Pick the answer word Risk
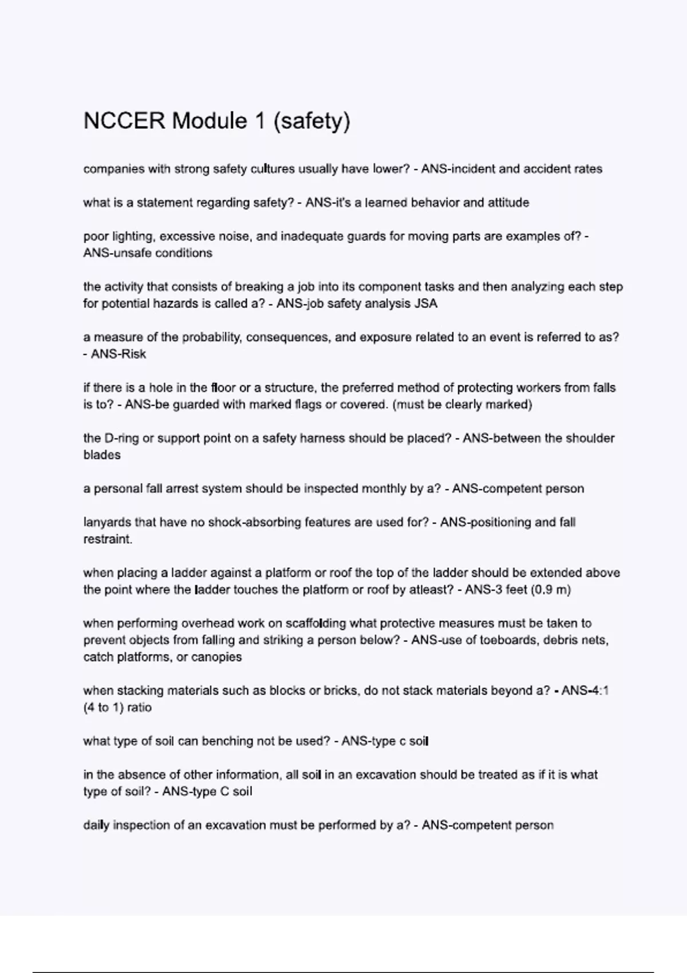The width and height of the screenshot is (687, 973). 134,354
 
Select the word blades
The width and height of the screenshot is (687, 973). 102,455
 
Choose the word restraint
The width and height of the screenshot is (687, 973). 108,539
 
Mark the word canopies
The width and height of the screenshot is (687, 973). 216,657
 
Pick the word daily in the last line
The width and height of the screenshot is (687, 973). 96,825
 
